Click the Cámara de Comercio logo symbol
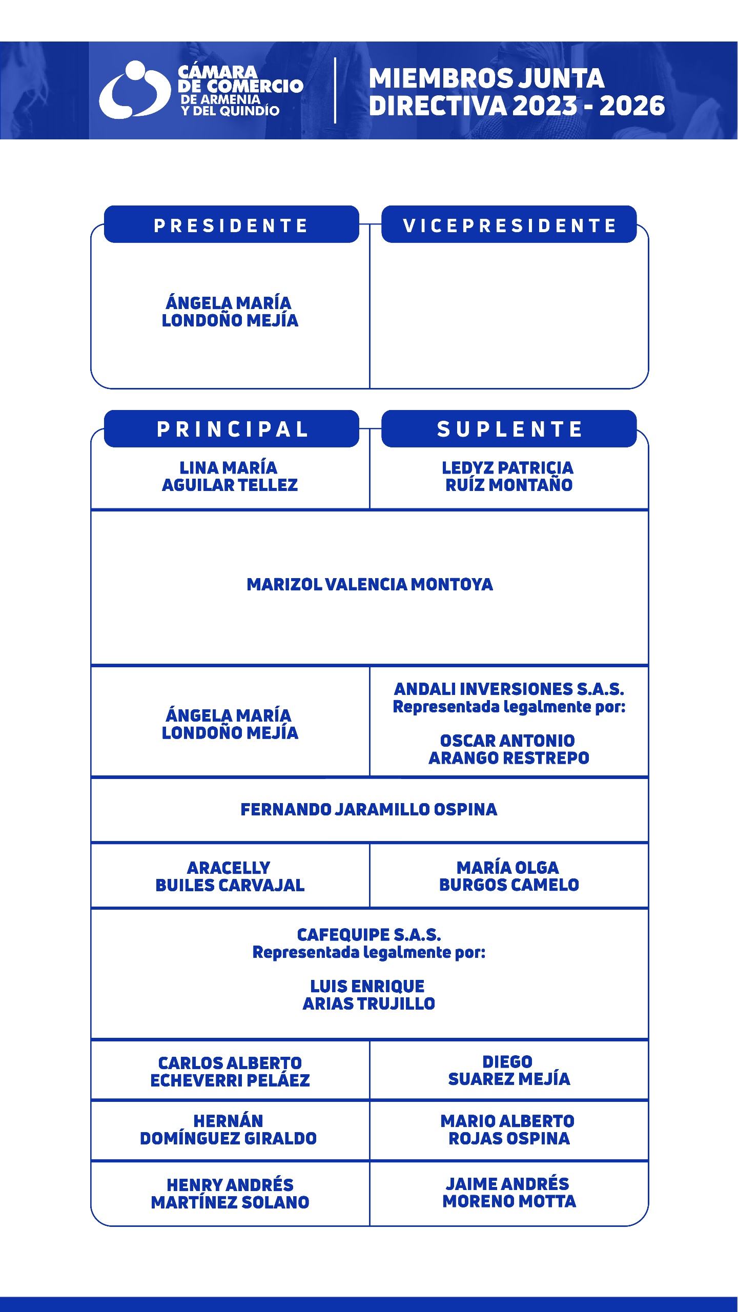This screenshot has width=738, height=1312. click(134, 90)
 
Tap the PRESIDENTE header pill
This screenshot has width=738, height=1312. click(231, 225)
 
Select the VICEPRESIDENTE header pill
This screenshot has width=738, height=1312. click(509, 225)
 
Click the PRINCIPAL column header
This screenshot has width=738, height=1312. click(231, 429)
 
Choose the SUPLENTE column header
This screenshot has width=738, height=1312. click(509, 429)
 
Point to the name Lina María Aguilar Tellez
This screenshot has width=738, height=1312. click(230, 476)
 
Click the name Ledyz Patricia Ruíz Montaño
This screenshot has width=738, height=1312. click(508, 476)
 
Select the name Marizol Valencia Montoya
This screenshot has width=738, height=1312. click(370, 584)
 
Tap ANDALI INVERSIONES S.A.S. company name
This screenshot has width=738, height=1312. click(509, 689)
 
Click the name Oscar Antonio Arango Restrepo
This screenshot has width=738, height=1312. click(509, 749)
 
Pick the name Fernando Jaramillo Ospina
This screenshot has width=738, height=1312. click(369, 809)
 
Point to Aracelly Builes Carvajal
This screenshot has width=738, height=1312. click(230, 876)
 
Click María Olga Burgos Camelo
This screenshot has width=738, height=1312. click(509, 876)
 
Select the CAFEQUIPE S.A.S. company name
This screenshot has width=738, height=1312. click(369, 935)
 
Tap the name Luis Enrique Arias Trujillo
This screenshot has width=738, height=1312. click(369, 995)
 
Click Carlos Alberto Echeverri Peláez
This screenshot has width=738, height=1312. click(230, 1072)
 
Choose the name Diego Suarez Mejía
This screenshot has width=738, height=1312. click(509, 1071)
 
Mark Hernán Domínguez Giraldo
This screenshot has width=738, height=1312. click(229, 1130)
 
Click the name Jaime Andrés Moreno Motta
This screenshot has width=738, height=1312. click(509, 1193)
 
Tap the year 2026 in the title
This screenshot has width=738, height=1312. click(632, 106)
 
